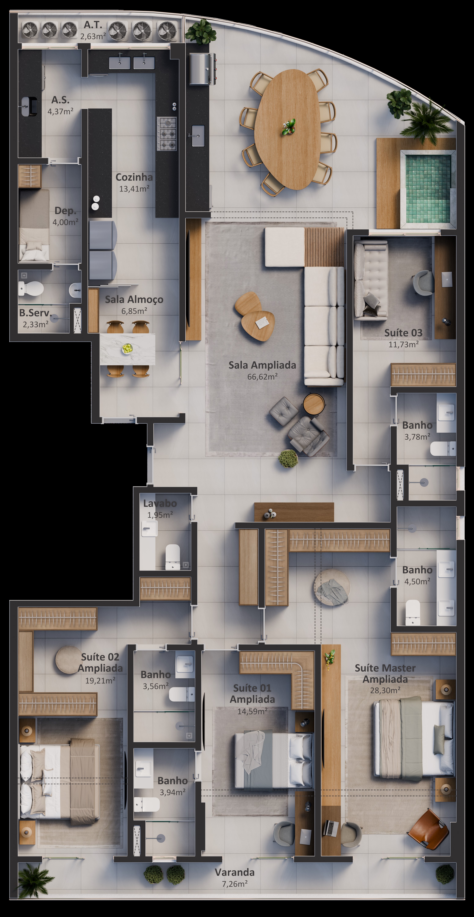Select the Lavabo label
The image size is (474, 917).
pos(160,503)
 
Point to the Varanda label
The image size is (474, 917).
pos(235,872)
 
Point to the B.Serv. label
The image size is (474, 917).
pos(35,313)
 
